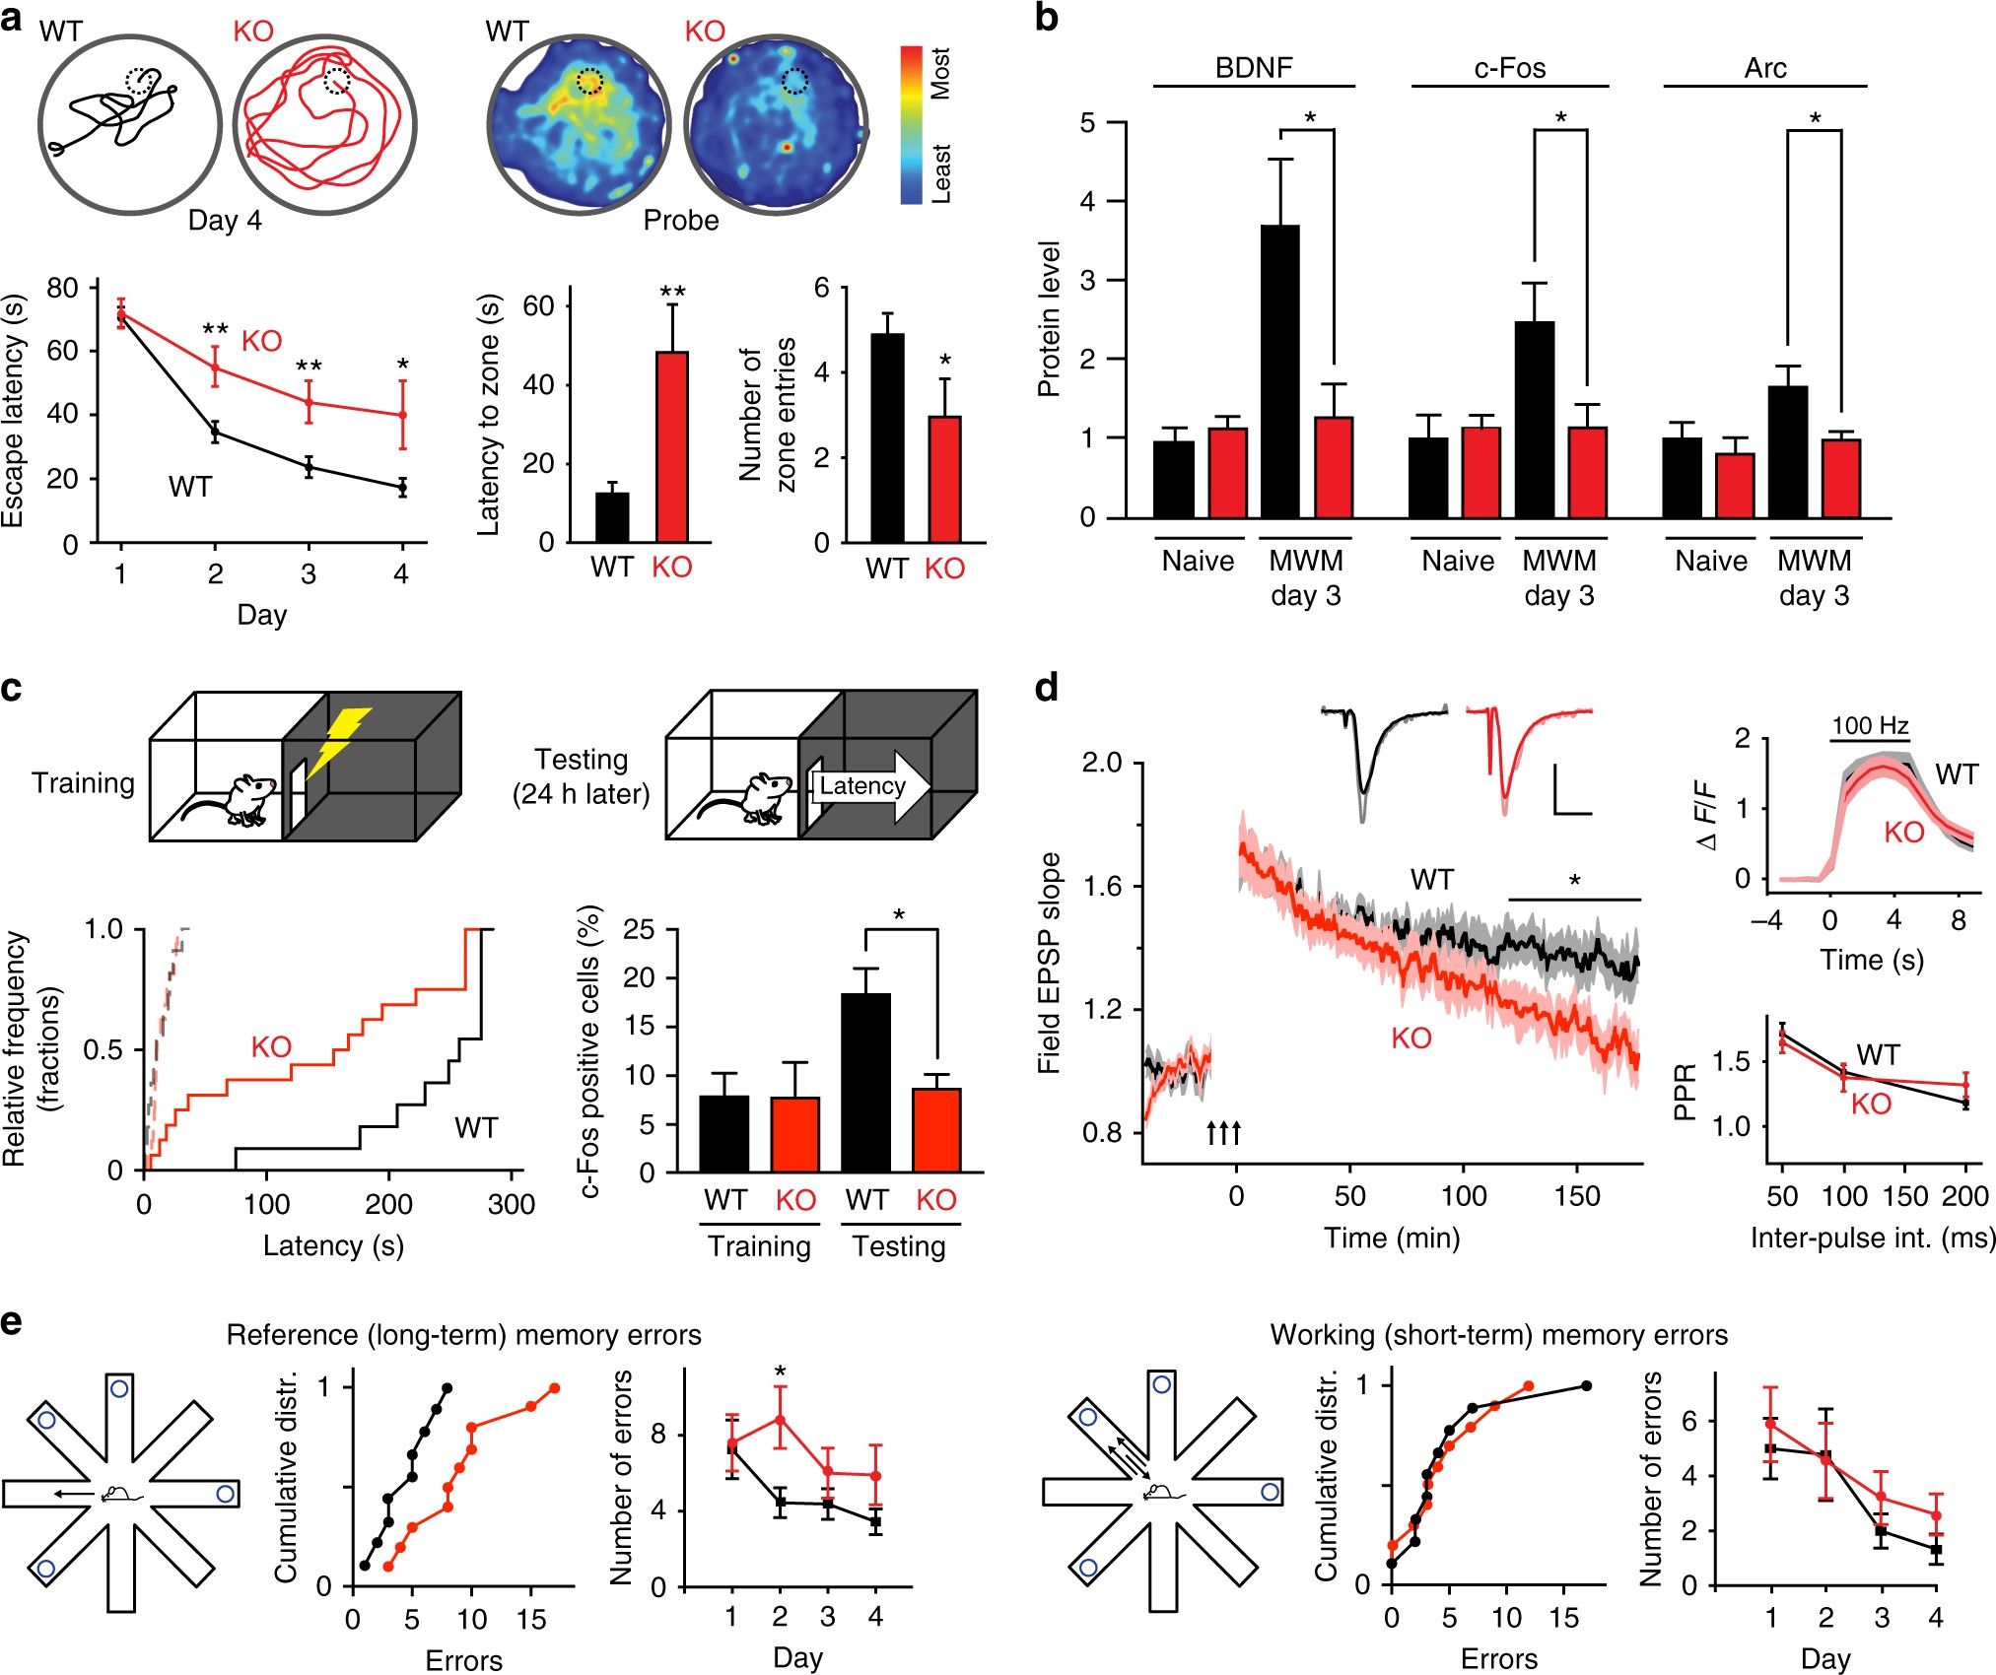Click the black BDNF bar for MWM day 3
[1280, 371]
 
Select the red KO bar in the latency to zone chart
[671, 447]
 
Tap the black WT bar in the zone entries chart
[887, 438]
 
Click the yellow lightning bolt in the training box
[338, 741]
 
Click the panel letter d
[1047, 688]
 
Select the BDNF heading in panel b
[1254, 68]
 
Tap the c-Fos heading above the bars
[1510, 68]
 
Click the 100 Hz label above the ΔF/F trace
[1870, 726]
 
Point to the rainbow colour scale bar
[911, 125]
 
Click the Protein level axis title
[1049, 318]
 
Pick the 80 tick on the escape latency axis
[62, 289]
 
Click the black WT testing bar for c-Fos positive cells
[865, 1083]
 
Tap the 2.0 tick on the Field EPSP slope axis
[1103, 763]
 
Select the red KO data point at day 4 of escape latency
[402, 416]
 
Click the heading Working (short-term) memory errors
[1498, 1335]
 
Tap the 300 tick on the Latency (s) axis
[511, 1204]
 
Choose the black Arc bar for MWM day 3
[1788, 452]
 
